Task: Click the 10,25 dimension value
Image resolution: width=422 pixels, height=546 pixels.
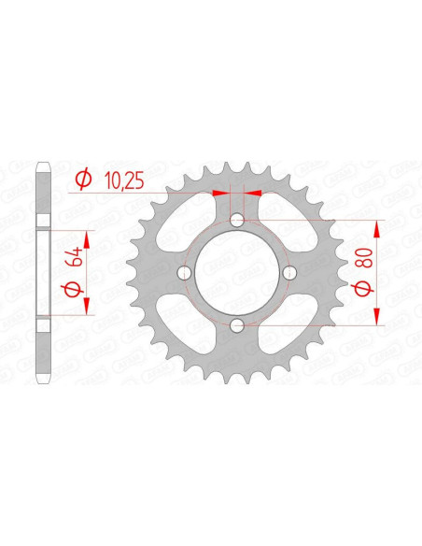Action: pos(124,180)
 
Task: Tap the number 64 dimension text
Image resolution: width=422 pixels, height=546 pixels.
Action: pos(77,256)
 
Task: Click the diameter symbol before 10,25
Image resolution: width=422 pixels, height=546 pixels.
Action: pos(84,179)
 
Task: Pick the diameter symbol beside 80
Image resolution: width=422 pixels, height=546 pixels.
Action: pos(362,289)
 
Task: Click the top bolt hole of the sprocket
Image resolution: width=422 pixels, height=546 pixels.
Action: pos(237,220)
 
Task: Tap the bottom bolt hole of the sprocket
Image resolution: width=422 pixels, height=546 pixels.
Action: pos(237,326)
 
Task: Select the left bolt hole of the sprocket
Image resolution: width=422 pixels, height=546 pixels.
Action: pos(184,273)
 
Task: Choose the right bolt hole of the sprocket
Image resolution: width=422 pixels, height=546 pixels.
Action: pos(290,273)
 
